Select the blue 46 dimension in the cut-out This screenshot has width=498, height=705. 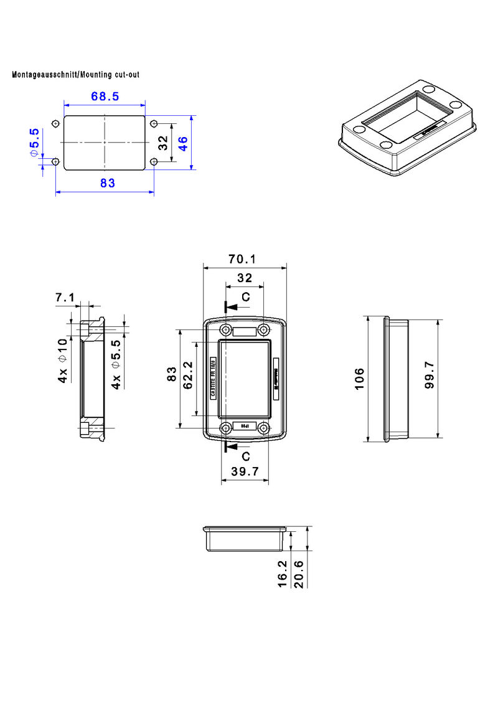click(183, 143)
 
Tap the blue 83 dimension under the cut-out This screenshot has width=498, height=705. click(107, 182)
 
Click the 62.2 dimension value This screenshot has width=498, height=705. click(189, 376)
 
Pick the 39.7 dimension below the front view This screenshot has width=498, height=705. click(244, 472)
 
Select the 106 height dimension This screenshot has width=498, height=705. click(359, 379)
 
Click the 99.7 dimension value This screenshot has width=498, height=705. click(430, 376)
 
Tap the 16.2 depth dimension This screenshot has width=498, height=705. click(283, 573)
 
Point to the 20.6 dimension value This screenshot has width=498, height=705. click(299, 573)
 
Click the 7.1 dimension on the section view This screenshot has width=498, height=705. click(65, 298)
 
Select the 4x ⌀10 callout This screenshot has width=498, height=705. click(63, 361)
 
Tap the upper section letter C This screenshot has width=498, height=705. click(246, 297)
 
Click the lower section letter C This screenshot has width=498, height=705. click(246, 457)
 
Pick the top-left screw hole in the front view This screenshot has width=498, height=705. click(225, 329)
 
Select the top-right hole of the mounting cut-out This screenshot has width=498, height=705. click(154, 123)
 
